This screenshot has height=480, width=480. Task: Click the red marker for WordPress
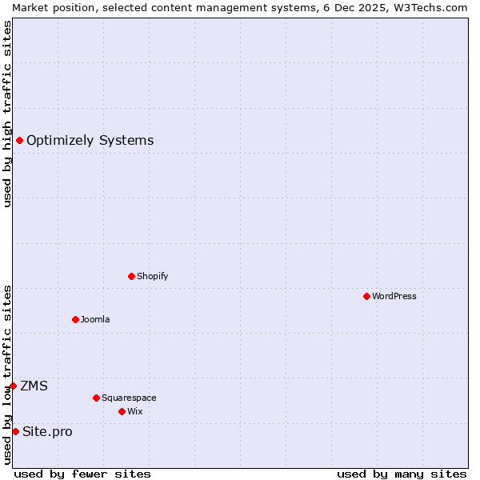coord(366,296)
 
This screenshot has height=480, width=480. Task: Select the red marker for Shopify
coord(131,276)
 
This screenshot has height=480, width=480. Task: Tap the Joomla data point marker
coord(75,319)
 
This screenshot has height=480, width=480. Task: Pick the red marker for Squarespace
coord(96,398)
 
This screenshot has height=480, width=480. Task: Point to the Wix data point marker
coord(122,411)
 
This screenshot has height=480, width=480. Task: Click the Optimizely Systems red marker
coord(19,141)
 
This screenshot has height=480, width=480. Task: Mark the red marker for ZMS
coord(13,386)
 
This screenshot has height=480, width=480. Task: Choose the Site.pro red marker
coord(15,432)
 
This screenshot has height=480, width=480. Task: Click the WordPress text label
coord(394,296)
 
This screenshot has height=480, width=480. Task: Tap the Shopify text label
coord(152,276)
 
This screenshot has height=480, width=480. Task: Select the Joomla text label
coord(95,319)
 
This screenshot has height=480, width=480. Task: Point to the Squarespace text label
coord(129,398)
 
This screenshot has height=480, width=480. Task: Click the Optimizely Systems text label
coord(90,141)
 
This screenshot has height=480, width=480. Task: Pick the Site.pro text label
coord(47,432)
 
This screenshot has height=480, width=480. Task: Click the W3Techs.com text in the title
coord(428,7)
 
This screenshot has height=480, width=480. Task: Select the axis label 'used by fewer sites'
coord(82,474)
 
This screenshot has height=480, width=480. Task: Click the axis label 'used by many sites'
coord(402,474)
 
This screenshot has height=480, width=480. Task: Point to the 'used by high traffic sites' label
coord(7,114)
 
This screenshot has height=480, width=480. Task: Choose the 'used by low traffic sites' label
coord(7,374)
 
